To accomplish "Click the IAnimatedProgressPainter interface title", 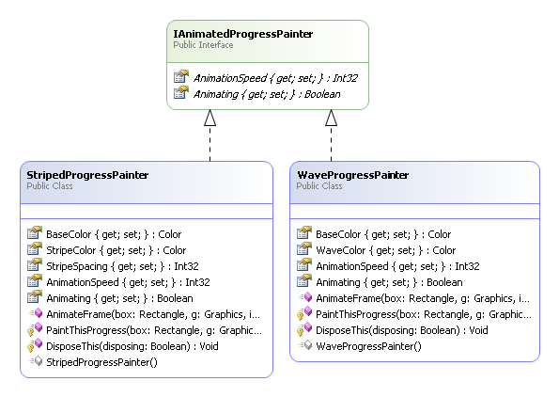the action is (242, 34).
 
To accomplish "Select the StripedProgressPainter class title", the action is (87, 175).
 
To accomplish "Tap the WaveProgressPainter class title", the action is (353, 175).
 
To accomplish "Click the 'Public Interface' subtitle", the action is (203, 45).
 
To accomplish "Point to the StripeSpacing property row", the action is (122, 266).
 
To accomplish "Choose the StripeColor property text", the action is (116, 250).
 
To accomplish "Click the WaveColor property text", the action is (386, 250).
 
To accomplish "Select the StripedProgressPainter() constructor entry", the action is (101, 362).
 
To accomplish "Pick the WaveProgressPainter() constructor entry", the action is (368, 346).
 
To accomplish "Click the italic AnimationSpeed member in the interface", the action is (275, 78).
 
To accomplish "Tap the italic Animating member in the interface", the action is (267, 94).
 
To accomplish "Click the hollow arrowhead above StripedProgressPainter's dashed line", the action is (210, 118).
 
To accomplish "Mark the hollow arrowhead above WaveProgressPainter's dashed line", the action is (332, 118).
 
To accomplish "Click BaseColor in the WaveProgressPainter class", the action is (383, 234).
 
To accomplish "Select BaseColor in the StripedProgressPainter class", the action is (114, 234).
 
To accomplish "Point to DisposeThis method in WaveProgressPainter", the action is (402, 330).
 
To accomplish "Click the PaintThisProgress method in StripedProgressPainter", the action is (154, 330).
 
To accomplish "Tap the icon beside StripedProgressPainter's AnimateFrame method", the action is (36, 314).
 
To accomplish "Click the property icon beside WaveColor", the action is (304, 249).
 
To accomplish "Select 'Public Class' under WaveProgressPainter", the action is (319, 186).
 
